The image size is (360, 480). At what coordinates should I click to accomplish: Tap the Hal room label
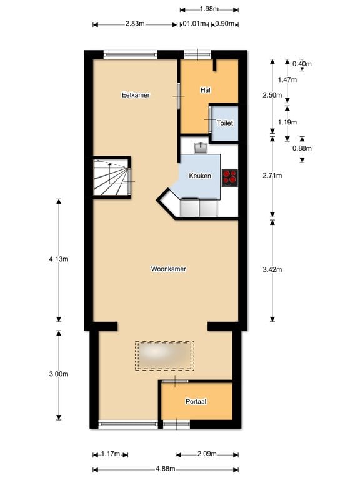205,91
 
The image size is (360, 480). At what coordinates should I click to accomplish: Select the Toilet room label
225,123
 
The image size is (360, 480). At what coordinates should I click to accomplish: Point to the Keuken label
200,176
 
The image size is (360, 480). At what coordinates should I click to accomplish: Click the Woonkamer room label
169,269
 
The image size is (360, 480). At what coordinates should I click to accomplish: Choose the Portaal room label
196,401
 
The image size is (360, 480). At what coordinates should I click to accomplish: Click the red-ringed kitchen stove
230,177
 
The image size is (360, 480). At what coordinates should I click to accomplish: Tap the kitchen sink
201,147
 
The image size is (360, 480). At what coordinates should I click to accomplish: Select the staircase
112,177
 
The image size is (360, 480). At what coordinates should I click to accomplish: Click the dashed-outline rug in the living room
164,355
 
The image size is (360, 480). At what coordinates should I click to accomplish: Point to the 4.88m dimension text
166,469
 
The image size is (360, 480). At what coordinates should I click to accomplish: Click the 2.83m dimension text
134,24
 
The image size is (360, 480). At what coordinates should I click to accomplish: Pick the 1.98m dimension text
209,9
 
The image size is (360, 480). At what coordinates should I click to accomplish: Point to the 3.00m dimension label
58,374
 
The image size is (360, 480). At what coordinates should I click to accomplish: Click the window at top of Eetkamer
130,54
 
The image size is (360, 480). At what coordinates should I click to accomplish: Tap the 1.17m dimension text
111,454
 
